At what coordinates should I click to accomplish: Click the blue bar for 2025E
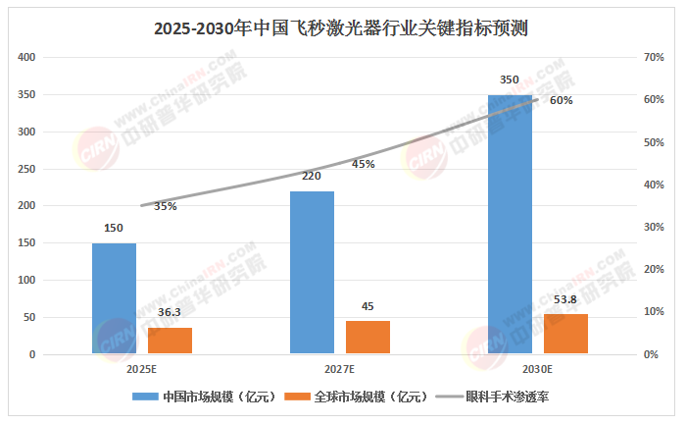click(114, 298)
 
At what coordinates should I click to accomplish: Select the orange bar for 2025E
click(170, 341)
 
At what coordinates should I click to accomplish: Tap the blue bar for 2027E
click(312, 272)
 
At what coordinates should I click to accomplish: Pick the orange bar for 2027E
click(367, 337)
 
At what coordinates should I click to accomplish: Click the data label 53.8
click(565, 299)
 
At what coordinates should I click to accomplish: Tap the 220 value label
click(312, 177)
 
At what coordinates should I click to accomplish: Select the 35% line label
click(165, 206)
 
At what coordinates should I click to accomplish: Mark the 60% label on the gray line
click(561, 100)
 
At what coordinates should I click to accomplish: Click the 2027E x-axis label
click(339, 369)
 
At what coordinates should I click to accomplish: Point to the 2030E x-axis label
click(537, 369)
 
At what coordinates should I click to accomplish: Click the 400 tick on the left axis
click(27, 58)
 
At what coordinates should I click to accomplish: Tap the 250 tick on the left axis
click(27, 169)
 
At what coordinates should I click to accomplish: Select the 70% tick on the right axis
click(654, 58)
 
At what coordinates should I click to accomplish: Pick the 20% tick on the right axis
click(654, 269)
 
